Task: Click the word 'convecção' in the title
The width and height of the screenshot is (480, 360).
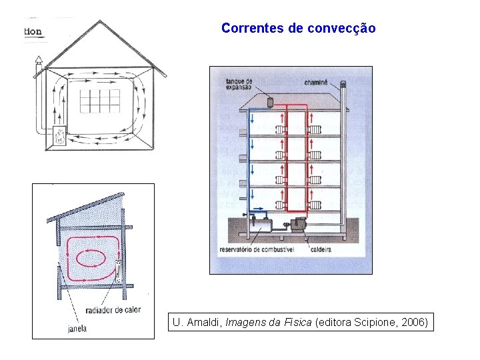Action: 342,29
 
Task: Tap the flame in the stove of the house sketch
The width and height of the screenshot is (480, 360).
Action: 59,137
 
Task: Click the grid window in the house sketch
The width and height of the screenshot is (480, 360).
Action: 100,101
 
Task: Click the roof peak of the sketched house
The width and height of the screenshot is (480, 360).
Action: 101,21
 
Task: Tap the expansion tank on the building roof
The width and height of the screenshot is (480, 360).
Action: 271,101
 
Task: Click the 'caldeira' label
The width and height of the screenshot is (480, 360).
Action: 322,250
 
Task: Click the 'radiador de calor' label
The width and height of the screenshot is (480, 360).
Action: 113,310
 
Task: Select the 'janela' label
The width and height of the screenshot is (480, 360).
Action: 77,328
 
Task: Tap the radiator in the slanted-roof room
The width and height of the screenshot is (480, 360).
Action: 117,271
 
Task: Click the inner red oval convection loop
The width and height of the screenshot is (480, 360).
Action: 91,257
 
